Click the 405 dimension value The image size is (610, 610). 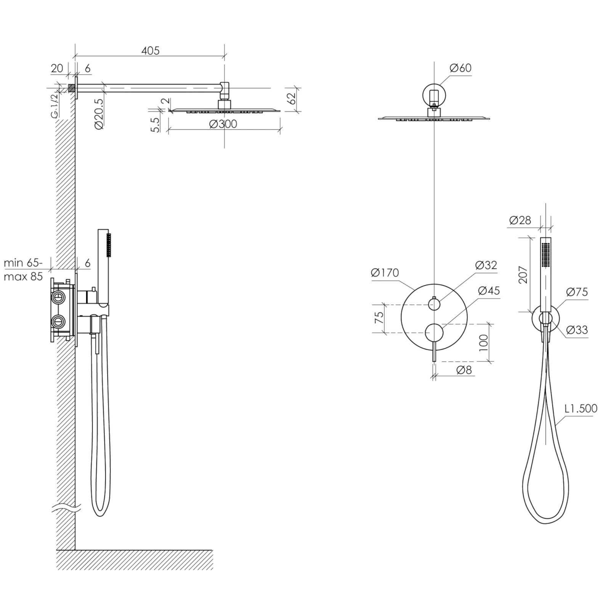150,51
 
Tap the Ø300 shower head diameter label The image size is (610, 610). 223,124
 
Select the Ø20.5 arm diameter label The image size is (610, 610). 98,114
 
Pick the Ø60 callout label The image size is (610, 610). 461,68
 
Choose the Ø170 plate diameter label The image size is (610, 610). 385,273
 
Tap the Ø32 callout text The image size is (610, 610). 486,265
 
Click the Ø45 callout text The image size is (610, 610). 489,291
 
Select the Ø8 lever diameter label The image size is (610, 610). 464,369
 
